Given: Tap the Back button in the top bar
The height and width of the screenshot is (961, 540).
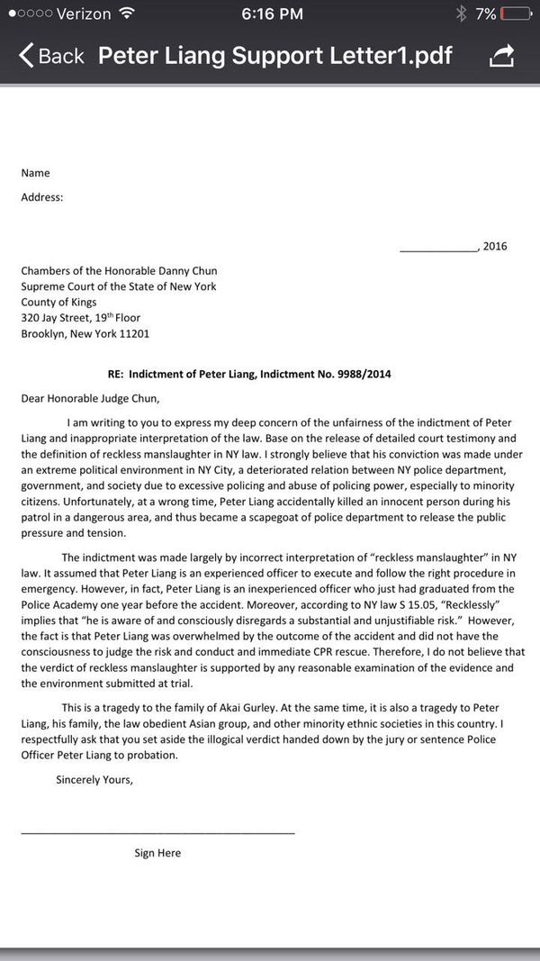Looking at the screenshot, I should tap(51, 56).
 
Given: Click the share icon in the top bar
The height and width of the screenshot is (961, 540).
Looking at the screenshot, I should tap(501, 56).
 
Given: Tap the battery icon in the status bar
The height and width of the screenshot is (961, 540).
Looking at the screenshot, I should tap(516, 14).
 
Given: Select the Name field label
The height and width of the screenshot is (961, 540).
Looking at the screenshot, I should tap(36, 173).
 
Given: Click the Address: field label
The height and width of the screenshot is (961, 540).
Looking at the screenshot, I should tap(42, 196).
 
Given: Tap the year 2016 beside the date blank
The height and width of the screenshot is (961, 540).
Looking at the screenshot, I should tap(495, 246).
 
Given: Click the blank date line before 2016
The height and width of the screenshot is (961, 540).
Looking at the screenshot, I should tap(438, 249).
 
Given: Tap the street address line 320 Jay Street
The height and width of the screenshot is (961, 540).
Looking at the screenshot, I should tap(81, 318).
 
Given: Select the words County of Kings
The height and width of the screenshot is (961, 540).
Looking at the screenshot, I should tap(58, 302).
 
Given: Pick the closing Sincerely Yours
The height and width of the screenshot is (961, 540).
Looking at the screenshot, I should tap(94, 779).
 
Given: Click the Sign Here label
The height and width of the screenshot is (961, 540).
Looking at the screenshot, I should tap(157, 853).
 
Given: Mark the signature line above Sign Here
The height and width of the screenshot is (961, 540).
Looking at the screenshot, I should tap(157, 832).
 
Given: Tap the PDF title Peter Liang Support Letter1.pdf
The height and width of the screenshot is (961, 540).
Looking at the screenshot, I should tap(275, 56).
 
